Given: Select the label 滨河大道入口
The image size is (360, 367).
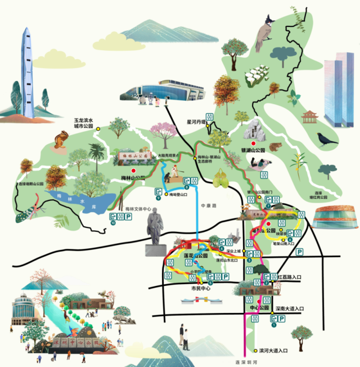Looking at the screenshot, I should pyautogui.click(x=272, y=350).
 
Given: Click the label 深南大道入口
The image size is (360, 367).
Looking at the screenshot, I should pyautogui.click(x=290, y=309).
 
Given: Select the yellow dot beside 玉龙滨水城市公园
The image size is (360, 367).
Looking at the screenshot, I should pyautogui.click(x=97, y=129).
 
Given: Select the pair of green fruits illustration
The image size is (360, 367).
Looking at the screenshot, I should pyautogui.click(x=221, y=180).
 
